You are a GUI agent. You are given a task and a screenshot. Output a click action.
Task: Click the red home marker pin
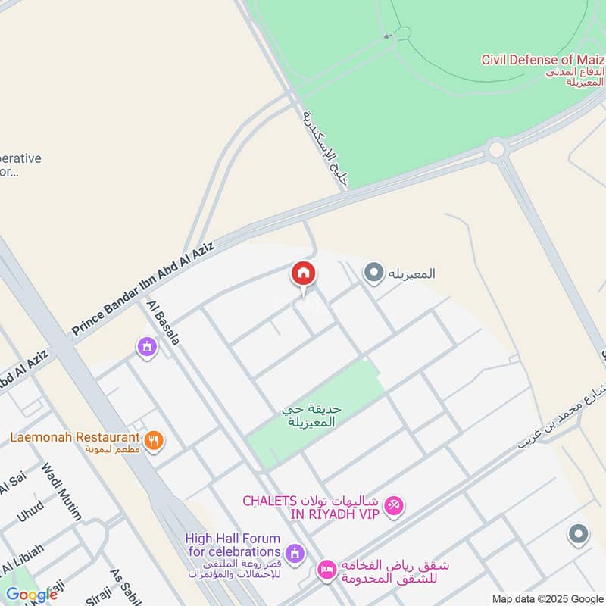pyautogui.click(x=303, y=274)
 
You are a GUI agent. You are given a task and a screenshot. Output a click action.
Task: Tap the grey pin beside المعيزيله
pyautogui.click(x=373, y=273)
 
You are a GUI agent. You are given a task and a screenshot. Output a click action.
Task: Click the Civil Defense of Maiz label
pyautogui.click(x=542, y=59)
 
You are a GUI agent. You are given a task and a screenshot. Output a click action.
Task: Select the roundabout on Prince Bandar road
pyautogui.click(x=496, y=149)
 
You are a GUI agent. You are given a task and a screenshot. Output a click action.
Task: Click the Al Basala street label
pyautogui.click(x=164, y=323)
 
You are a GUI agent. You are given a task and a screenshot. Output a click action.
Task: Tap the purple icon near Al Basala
pyautogui.click(x=146, y=347)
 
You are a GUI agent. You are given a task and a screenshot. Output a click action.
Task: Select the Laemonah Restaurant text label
pyautogui.click(x=75, y=438)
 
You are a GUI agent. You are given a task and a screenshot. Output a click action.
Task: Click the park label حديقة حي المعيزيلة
pyautogui.click(x=312, y=414)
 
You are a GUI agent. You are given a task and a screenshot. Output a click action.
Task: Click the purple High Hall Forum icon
pyautogui.click(x=295, y=552)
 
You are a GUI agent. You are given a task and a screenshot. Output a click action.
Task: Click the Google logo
pyautogui.click(x=31, y=594)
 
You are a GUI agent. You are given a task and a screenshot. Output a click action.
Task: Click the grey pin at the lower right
pyautogui.click(x=578, y=535)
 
